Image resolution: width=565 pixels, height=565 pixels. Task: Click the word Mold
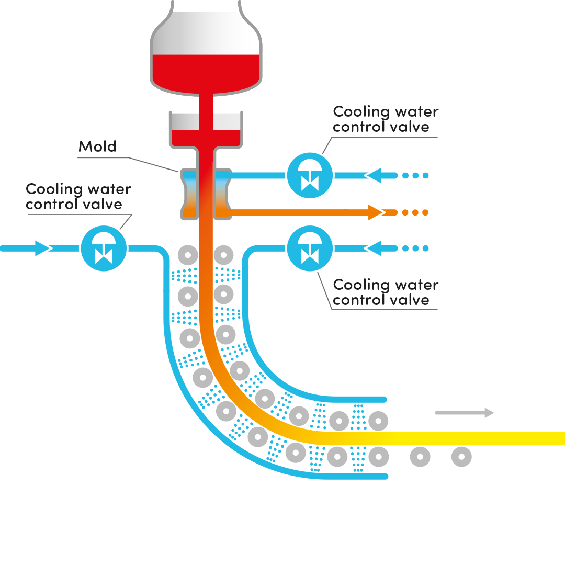click(97, 146)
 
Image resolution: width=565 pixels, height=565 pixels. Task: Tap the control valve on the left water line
click(104, 248)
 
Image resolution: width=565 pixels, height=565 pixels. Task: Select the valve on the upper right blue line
click(310, 175)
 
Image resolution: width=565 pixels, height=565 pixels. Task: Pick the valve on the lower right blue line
click(310, 248)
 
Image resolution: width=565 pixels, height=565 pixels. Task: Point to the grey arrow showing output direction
click(466, 413)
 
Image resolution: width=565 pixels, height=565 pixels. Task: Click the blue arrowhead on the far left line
click(43, 248)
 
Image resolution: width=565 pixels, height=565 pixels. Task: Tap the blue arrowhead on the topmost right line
click(374, 175)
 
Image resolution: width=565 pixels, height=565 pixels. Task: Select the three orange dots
click(415, 212)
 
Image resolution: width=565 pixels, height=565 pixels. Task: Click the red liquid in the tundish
click(205, 137)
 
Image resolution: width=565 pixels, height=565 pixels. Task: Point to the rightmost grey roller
click(461, 457)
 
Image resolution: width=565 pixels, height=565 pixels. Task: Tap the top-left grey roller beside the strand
click(187, 256)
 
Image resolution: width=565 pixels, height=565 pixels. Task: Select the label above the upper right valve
click(386, 119)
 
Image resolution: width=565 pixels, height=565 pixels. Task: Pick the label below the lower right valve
click(386, 292)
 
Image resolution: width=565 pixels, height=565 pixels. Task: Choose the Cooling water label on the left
click(78, 196)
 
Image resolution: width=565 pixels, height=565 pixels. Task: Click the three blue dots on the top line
click(415, 175)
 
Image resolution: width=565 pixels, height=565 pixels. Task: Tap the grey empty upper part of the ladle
click(206, 37)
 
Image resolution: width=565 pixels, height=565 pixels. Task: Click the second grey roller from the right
click(420, 457)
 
